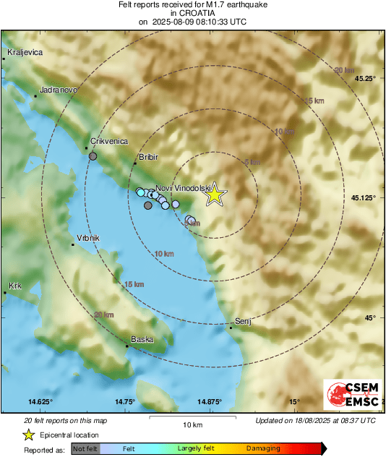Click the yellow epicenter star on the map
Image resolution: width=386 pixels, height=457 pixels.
[214, 195]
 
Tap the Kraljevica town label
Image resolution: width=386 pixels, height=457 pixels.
[25, 53]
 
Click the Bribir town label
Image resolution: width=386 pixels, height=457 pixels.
[147, 157]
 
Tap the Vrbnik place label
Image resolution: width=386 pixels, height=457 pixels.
[87, 239]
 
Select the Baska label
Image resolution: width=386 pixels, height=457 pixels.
[142, 339]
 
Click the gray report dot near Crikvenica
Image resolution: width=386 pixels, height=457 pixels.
[93, 155]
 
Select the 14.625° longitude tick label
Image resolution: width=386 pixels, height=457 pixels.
[40, 401]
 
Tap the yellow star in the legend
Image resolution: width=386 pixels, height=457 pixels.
[28, 435]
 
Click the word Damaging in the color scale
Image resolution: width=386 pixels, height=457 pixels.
[263, 448]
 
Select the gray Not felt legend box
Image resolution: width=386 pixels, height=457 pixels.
[85, 448]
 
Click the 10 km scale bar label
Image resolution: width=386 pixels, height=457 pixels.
[192, 424]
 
